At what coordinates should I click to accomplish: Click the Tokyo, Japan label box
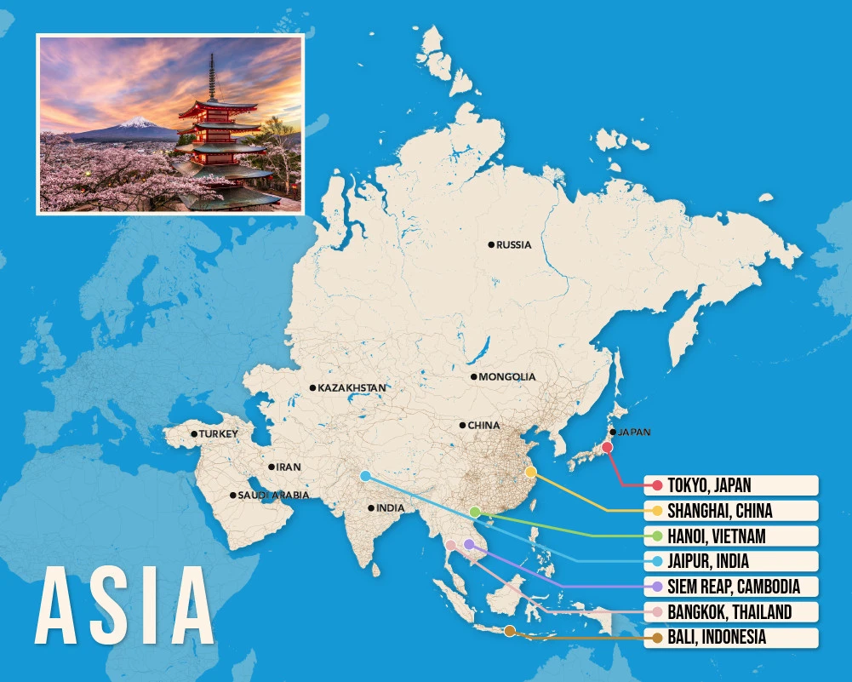(730, 485)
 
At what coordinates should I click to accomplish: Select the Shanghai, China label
(730, 511)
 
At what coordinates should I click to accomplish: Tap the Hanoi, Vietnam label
(730, 536)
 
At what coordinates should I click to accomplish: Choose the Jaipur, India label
(730, 561)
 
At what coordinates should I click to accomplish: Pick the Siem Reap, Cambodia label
(730, 587)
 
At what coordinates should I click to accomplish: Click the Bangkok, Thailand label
(730, 612)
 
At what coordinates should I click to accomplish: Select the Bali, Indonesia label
(730, 637)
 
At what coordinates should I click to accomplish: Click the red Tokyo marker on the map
(607, 447)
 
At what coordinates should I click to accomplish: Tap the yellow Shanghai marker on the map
(530, 472)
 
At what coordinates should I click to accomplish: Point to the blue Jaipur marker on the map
(365, 476)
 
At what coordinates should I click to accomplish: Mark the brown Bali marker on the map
(509, 631)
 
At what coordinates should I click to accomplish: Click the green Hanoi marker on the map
(475, 512)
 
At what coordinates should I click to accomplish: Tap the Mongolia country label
(506, 377)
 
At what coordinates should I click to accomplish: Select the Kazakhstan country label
(351, 388)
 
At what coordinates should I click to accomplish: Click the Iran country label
(289, 467)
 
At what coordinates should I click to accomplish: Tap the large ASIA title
(125, 604)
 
